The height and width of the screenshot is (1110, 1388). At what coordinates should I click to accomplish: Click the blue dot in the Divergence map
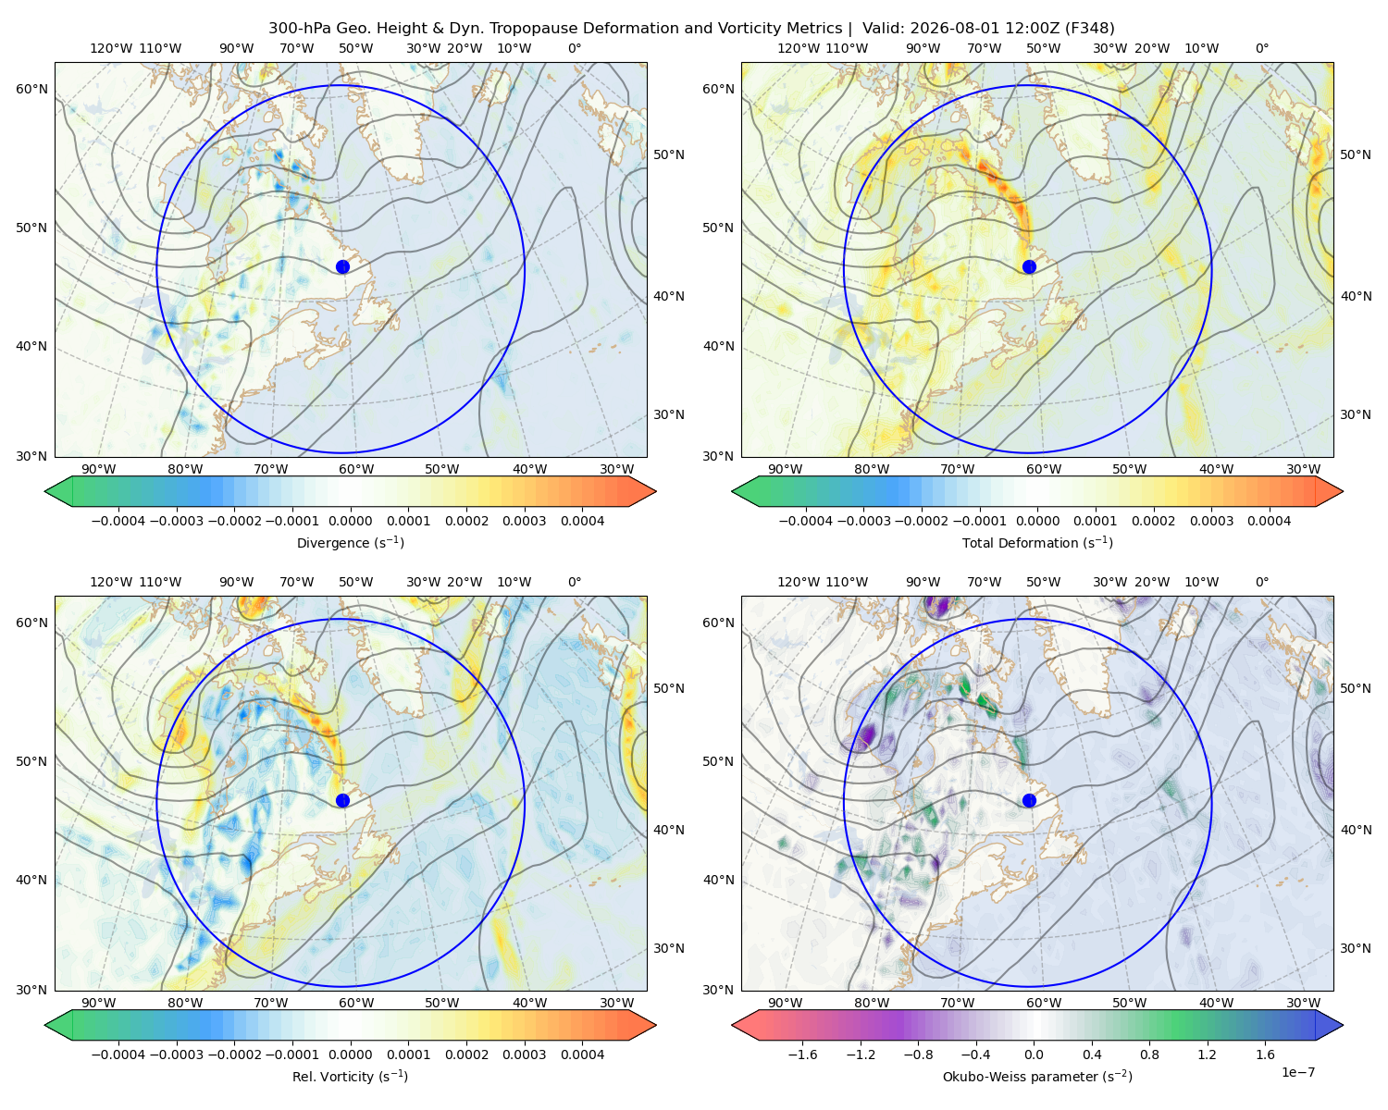coord(342,266)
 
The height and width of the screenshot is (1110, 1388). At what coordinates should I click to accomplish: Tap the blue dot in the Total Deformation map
coord(1029,266)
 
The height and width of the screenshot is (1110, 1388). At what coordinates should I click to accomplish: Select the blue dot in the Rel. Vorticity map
coord(342,800)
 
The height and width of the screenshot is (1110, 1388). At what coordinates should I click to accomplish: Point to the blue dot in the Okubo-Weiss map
coord(1029,800)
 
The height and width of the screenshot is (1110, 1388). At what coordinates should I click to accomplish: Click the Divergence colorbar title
coord(350,542)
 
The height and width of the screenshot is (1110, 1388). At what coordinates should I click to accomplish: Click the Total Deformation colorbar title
coord(1037,542)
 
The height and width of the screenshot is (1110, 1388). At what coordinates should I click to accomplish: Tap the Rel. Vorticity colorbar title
coord(350,1077)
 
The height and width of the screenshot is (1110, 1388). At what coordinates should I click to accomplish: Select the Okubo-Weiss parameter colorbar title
coord(1037,1077)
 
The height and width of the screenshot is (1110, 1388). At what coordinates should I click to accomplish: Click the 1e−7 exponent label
coord(1297,1072)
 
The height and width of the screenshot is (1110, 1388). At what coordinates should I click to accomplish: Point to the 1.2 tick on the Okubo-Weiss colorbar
coord(1207,1054)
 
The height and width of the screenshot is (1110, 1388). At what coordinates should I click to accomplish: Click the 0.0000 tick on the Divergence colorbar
coord(350,521)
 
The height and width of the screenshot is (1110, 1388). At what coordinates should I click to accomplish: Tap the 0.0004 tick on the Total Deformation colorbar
coord(1270,521)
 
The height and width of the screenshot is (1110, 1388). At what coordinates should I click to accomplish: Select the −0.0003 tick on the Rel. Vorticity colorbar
coord(176,1054)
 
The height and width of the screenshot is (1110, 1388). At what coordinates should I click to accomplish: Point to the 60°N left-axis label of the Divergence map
coord(31,89)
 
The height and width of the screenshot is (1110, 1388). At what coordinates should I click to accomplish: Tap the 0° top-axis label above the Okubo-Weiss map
coord(1262,582)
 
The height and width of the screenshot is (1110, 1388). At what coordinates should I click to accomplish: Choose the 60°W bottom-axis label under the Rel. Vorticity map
coord(356,1003)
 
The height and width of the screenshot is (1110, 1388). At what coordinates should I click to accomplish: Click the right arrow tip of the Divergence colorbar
coord(656,491)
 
